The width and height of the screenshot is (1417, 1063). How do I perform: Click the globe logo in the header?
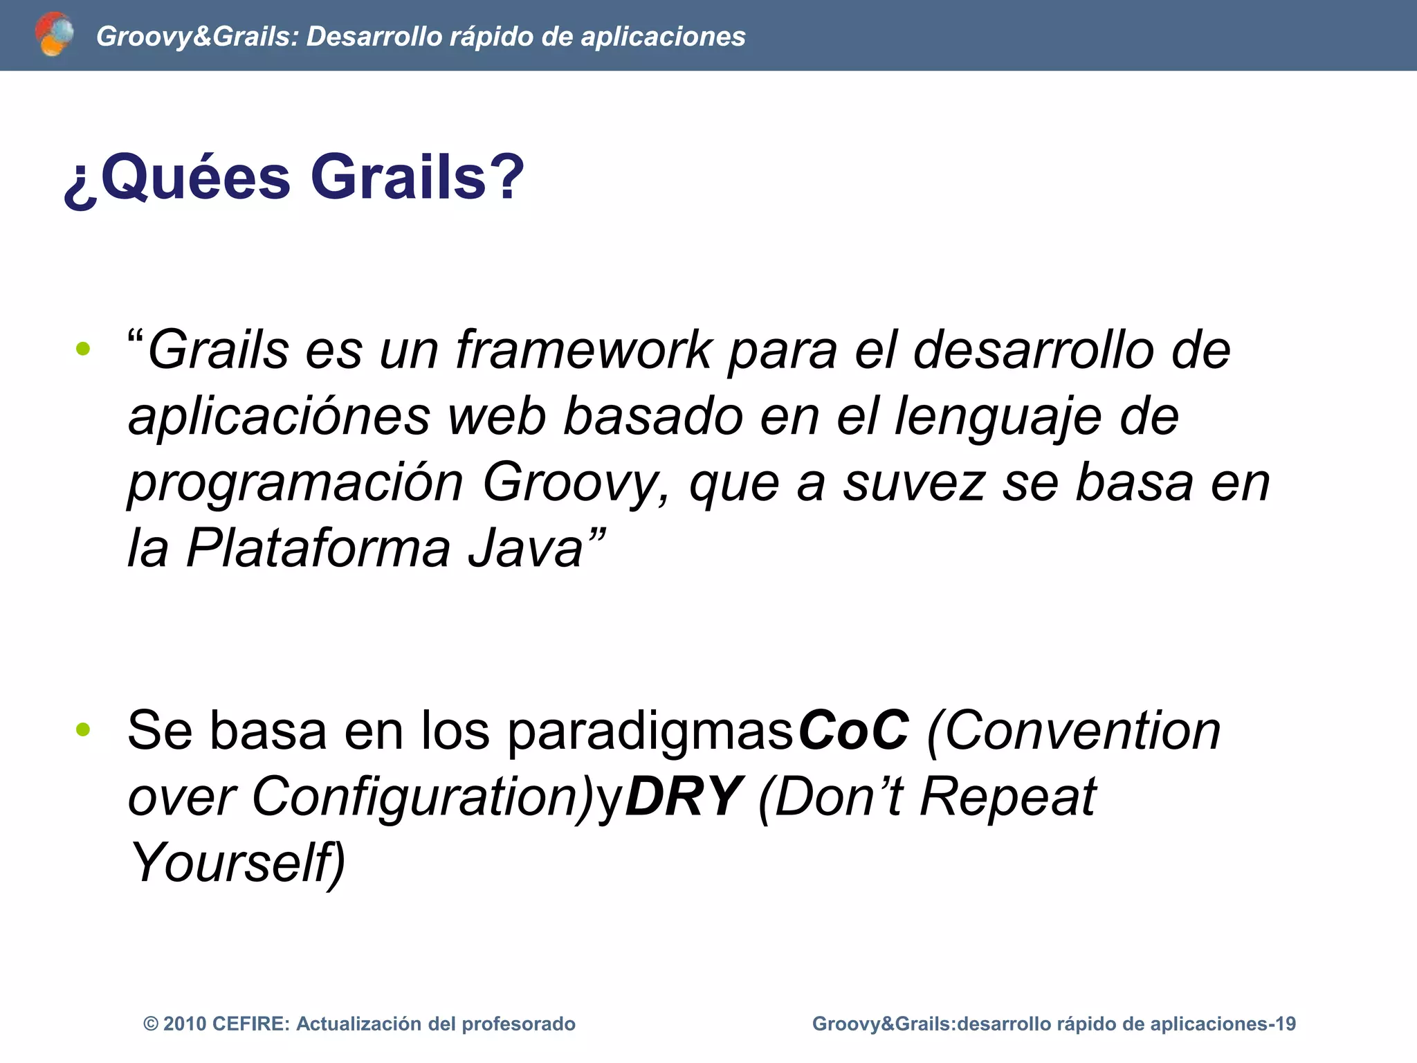tap(54, 34)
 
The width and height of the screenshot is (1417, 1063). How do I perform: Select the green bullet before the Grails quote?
tap(83, 349)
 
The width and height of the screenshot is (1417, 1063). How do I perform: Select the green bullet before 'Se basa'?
tap(83, 729)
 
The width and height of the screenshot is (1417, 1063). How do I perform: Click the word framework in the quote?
tap(583, 350)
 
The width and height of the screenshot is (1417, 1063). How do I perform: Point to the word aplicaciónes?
tap(279, 417)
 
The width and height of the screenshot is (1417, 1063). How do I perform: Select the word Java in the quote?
tap(525, 549)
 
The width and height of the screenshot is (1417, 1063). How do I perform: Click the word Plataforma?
tap(318, 549)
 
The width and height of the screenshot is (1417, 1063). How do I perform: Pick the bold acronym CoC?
tap(853, 731)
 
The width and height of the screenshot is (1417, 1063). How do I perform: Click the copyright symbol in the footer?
tap(150, 1024)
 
